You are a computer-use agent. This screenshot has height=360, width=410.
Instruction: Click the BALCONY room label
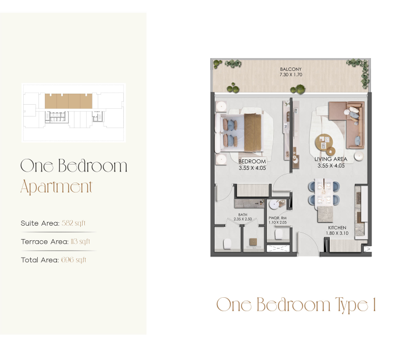tap(291, 69)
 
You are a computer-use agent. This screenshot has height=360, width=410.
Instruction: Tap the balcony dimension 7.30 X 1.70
tap(291, 74)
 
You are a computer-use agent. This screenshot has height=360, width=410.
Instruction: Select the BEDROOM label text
tap(252, 161)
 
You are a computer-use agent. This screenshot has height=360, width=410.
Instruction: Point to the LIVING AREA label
tap(331, 159)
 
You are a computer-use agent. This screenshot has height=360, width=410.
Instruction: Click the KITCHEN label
tap(337, 228)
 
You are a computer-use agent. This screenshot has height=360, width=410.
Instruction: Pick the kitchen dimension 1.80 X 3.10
tap(337, 233)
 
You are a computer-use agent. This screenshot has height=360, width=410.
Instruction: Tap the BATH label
tap(243, 215)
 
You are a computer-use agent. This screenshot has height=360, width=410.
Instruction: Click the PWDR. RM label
tap(277, 218)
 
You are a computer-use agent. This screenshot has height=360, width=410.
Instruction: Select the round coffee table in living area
tap(324, 142)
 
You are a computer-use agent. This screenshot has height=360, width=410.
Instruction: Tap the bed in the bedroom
tap(239, 133)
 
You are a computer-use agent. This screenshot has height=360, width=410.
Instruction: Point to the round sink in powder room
tap(274, 205)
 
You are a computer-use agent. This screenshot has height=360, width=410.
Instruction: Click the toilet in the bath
tap(227, 244)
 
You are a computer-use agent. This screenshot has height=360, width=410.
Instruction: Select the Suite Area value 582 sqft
tap(73, 223)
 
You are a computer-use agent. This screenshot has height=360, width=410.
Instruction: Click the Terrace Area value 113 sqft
tap(80, 241)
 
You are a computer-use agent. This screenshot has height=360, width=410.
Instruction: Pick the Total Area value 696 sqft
tap(73, 259)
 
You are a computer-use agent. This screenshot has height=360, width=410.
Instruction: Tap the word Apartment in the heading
tap(56, 187)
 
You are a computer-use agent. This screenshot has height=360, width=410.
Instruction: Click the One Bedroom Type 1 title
tap(296, 305)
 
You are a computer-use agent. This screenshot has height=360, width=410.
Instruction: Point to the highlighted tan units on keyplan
tap(69, 101)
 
